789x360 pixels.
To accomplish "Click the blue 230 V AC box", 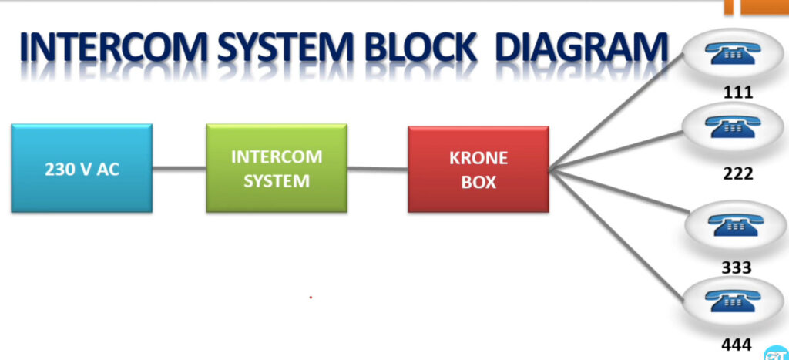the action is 82,168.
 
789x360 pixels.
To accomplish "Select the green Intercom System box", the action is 277,168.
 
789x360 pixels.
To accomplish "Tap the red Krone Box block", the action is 478,169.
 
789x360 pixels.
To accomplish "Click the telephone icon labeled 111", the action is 733,53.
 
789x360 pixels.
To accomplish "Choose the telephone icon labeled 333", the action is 735,224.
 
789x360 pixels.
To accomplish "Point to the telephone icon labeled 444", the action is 733,300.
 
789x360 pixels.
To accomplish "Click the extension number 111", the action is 738,93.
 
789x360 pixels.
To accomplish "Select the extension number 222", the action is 738,173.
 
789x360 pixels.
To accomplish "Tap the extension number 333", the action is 737,267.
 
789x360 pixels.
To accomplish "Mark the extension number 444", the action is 736,345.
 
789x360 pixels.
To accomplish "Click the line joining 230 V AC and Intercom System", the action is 179,167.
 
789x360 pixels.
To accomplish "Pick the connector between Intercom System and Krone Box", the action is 378,168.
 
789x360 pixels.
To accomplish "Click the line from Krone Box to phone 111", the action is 616,111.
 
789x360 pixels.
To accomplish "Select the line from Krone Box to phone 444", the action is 616,236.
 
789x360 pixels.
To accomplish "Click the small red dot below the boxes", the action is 311,298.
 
